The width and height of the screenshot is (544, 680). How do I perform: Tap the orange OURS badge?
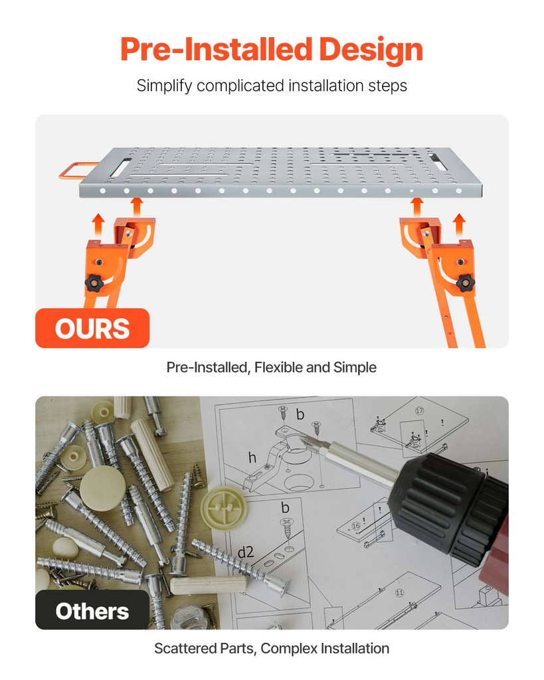tap(92, 328)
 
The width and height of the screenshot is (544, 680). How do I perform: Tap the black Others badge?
tap(92, 610)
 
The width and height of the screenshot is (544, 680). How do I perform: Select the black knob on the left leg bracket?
tap(94, 284)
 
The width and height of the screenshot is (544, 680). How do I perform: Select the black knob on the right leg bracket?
tap(466, 283)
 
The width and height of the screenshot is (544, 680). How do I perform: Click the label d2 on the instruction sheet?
tap(246, 552)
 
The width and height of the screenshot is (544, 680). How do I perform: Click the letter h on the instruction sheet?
tap(252, 457)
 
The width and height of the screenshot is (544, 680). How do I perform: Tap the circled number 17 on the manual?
tap(420, 410)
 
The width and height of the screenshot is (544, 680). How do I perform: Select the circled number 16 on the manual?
tap(356, 526)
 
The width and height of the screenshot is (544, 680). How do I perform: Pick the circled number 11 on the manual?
tap(399, 592)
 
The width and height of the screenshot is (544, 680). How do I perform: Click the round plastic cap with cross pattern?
tap(224, 508)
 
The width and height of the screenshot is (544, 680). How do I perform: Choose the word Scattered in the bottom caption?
tap(184, 649)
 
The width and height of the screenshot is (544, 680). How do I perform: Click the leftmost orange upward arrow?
tap(98, 224)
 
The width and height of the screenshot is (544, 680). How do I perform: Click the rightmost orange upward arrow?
tap(459, 224)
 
